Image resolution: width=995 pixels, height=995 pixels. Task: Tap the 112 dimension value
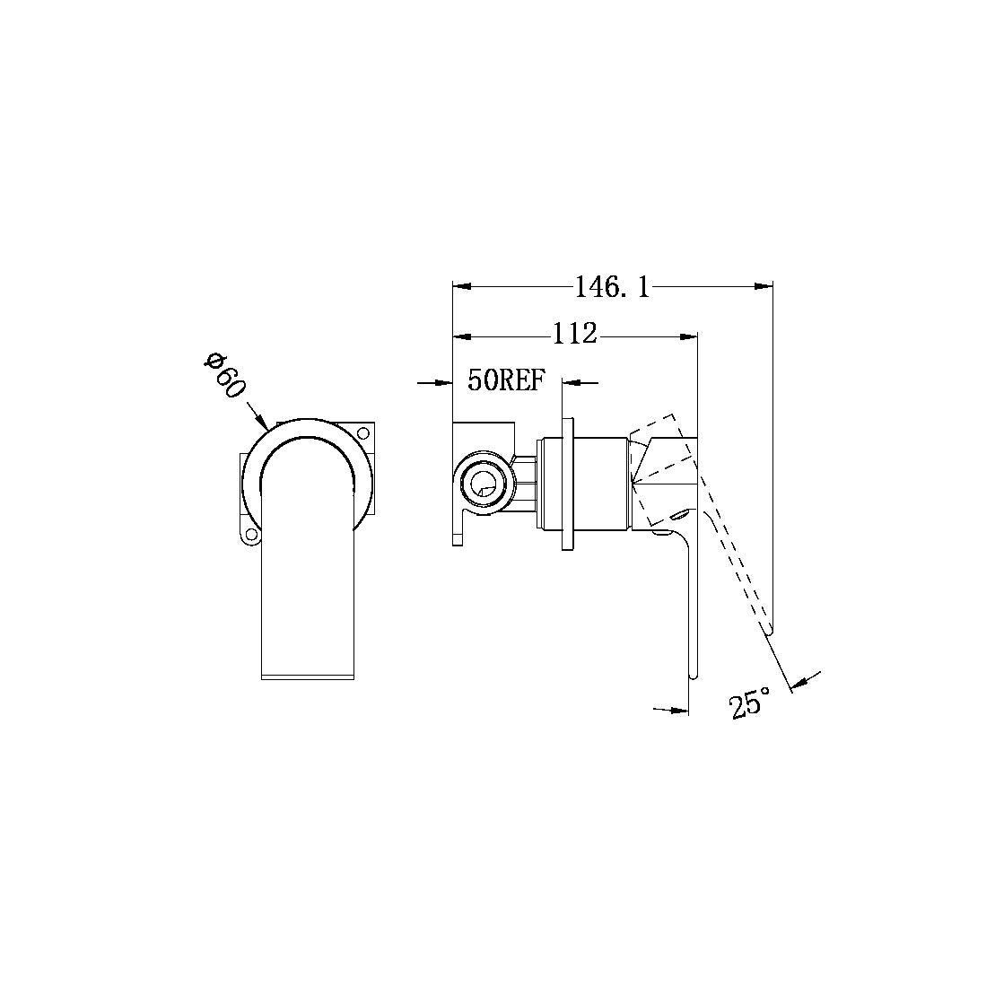point(574,335)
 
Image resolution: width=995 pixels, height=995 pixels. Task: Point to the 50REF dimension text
point(506,380)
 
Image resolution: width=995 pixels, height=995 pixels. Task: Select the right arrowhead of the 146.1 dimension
point(764,287)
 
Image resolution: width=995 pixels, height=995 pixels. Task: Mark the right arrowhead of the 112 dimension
point(688,336)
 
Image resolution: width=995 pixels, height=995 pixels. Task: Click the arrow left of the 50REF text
point(441,382)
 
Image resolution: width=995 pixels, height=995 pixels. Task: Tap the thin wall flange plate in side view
point(567,484)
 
